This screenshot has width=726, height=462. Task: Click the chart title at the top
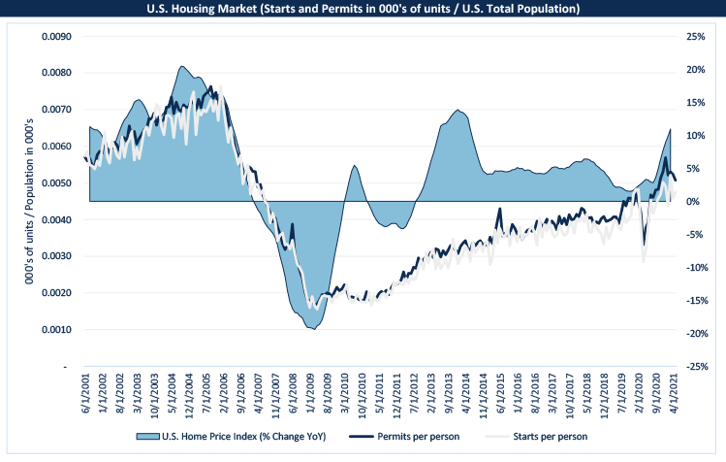tap(363, 10)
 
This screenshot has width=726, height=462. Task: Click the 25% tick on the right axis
tap(694, 37)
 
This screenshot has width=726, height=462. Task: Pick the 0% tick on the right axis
tap(690, 202)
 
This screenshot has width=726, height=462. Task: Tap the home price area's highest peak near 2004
tap(181, 66)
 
